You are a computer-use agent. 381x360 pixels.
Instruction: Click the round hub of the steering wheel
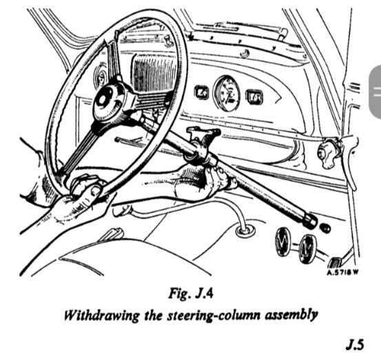110,102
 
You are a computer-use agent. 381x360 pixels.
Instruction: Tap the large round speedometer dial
227,94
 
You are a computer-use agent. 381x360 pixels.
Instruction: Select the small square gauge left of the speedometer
201,92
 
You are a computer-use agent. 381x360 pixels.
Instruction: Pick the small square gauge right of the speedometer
254,97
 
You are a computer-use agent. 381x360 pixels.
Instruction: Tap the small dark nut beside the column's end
326,229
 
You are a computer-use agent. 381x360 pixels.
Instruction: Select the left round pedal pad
283,242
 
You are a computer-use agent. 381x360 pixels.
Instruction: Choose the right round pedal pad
308,248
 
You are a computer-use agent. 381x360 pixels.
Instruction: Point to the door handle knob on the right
327,153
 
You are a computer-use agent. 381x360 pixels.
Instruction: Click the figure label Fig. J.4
191,293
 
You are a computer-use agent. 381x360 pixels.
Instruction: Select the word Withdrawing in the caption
102,315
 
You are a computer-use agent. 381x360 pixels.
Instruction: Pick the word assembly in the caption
291,315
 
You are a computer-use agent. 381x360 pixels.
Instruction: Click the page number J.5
356,344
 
